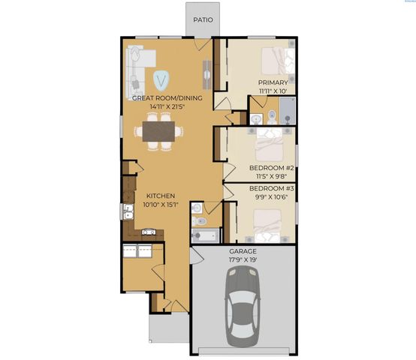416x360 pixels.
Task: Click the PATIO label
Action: [x=203, y=20]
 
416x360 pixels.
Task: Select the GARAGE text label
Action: [x=243, y=251]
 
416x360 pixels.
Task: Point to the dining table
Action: [x=158, y=131]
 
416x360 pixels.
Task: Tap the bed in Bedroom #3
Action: [x=267, y=223]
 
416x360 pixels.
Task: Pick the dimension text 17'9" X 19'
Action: [x=243, y=260]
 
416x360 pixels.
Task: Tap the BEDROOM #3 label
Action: [x=270, y=187]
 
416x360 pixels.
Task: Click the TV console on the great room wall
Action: [x=206, y=72]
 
